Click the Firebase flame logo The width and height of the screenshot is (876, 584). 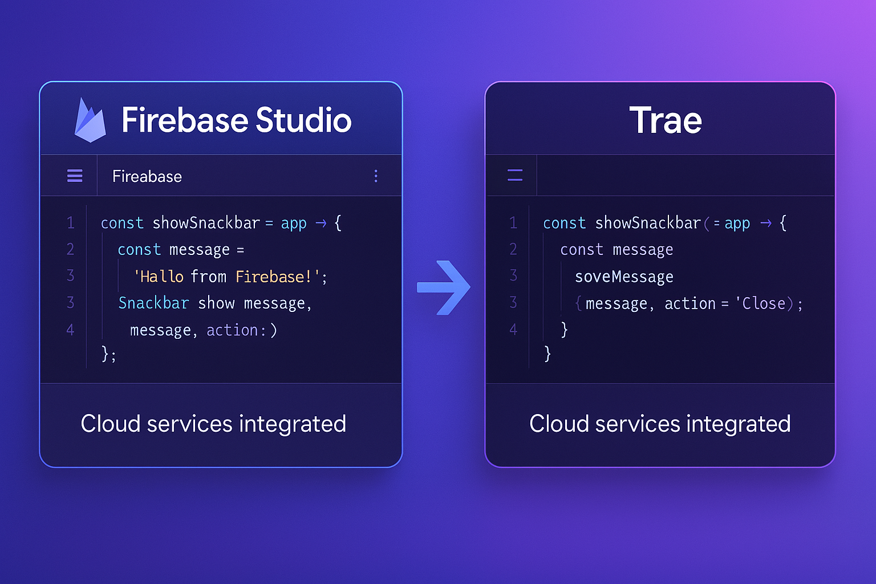click(x=90, y=121)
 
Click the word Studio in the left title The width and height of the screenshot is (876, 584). click(x=303, y=120)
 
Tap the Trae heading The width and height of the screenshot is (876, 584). click(x=665, y=120)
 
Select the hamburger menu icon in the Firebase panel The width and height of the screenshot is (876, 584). click(x=75, y=176)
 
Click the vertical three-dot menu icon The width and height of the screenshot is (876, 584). click(x=376, y=176)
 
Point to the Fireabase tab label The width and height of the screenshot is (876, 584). click(x=147, y=177)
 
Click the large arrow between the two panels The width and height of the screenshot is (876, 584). click(x=444, y=287)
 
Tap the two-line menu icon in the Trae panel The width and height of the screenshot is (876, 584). click(x=515, y=175)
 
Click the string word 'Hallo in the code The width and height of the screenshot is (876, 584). click(x=159, y=277)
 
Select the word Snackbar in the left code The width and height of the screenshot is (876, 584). click(x=153, y=303)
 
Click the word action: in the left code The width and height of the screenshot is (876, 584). click(x=236, y=330)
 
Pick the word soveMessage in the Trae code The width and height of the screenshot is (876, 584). click(x=624, y=277)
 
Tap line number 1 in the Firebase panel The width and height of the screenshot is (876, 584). click(x=70, y=222)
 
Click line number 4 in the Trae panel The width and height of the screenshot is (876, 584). click(x=513, y=329)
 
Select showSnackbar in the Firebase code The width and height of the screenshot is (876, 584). click(x=206, y=222)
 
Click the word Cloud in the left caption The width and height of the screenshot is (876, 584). click(x=110, y=424)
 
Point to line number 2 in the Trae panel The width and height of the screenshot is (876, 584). click(x=513, y=249)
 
